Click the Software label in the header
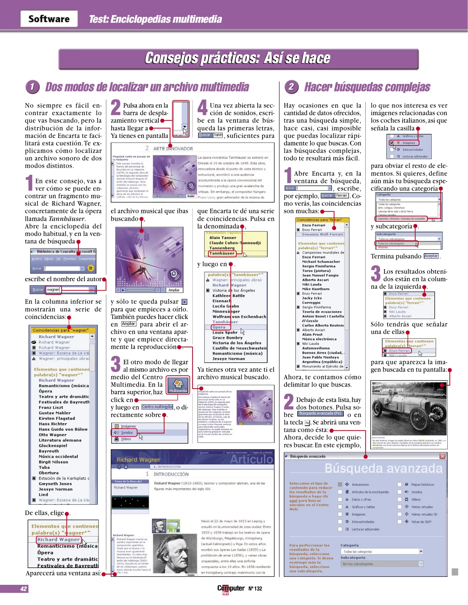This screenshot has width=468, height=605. (x=49, y=19)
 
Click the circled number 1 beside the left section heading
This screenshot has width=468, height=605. (x=32, y=87)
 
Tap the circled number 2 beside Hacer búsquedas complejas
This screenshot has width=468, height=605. (x=291, y=87)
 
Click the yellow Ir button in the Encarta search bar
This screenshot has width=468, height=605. (x=91, y=268)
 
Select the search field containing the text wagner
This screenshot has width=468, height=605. (x=53, y=290)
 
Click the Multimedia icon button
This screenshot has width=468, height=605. (x=178, y=385)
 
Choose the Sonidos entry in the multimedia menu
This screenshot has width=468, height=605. (x=126, y=432)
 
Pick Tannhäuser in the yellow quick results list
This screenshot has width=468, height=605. (x=222, y=253)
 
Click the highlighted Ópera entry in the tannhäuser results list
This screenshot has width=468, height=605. (x=219, y=327)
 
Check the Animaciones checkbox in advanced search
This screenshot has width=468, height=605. (x=340, y=484)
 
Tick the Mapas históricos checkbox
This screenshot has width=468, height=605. (x=399, y=484)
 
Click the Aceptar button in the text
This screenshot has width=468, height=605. (x=431, y=256)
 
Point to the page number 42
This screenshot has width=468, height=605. (x=23, y=589)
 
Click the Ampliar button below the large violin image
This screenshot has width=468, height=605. (x=174, y=290)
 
